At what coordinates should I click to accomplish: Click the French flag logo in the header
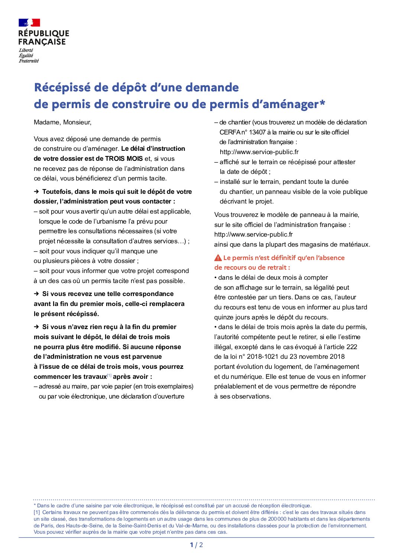click(29, 23)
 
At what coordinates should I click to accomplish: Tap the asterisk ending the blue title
click(322, 103)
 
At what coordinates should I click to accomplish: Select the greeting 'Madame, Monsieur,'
click(62, 122)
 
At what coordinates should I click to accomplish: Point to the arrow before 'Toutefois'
click(36, 192)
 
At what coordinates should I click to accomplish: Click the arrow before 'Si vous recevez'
click(36, 294)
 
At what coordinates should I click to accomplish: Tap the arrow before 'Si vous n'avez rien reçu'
click(36, 327)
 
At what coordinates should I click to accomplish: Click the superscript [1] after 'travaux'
click(109, 375)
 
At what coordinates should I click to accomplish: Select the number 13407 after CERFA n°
click(257, 132)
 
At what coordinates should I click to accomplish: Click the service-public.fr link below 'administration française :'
click(259, 152)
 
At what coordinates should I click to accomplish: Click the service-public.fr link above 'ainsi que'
click(253, 234)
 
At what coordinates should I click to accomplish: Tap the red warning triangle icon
click(218, 258)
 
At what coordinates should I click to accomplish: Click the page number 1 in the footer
click(192, 545)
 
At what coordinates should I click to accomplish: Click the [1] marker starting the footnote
click(37, 513)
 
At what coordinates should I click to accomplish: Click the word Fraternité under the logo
click(29, 61)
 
